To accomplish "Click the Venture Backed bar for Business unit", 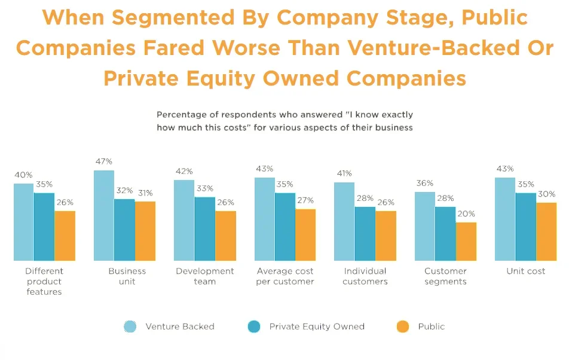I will tap(104, 215).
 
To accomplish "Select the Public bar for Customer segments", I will tap(466, 242).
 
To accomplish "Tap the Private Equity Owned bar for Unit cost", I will tap(526, 227).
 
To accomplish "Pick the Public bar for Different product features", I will tap(65, 236).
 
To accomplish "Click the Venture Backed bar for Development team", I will tap(184, 220).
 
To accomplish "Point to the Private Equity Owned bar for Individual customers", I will tap(365, 234).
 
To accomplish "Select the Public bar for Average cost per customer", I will tap(305, 235).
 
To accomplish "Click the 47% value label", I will tap(103, 161).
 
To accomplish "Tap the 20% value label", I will tap(466, 213).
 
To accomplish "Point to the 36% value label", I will tap(425, 183).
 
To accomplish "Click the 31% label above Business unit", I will tap(145, 193).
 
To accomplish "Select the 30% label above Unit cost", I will tap(546, 194).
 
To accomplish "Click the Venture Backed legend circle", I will tap(130, 327).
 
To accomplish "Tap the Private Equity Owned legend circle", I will tap(253, 327).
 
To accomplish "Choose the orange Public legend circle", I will tap(402, 327).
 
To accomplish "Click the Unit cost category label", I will tap(526, 271).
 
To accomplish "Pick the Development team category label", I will tap(205, 276).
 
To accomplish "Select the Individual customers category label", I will tap(365, 276).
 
